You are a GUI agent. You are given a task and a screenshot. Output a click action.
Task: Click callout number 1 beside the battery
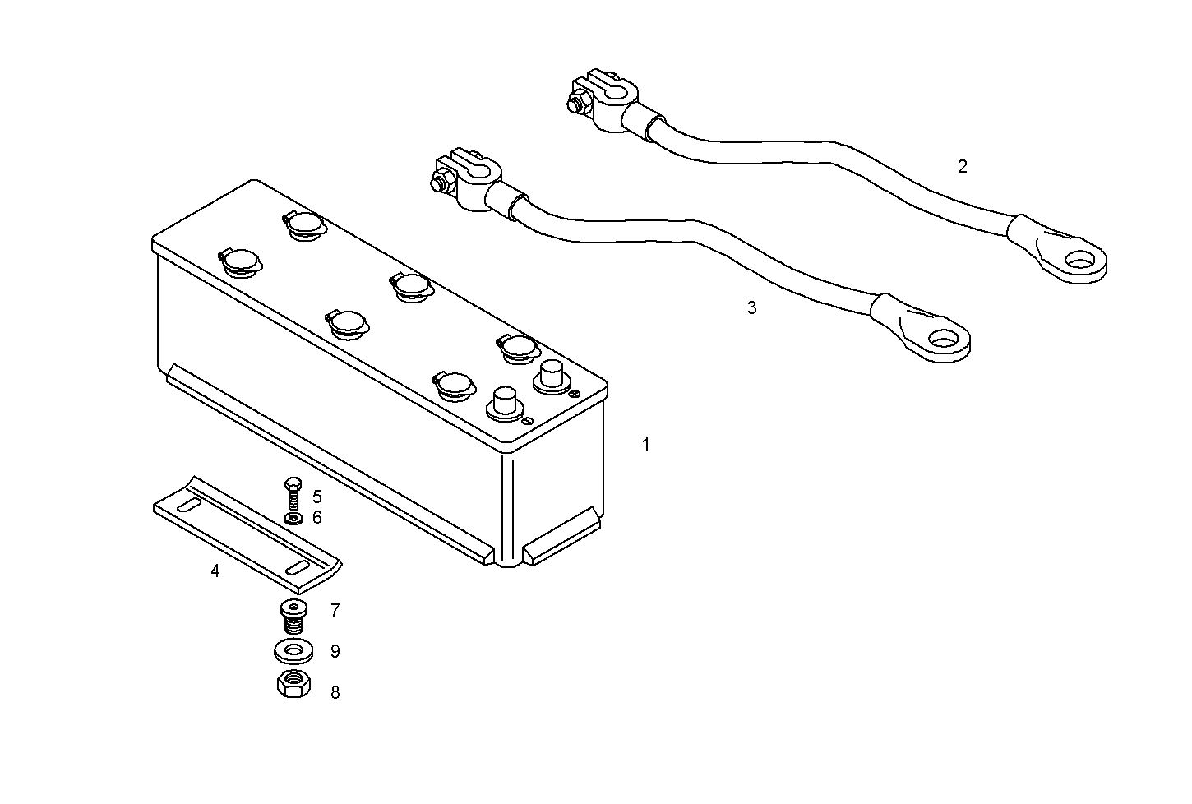coord(646,445)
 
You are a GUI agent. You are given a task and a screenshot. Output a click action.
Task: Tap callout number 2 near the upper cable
coord(963,166)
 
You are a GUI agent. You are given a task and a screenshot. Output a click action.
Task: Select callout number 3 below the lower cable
coord(751,308)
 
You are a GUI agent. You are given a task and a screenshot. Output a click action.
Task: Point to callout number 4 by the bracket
coord(215,571)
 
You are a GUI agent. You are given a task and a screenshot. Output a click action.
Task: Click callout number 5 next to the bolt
coord(317,497)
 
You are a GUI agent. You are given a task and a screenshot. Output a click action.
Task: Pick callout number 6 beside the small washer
coord(317,518)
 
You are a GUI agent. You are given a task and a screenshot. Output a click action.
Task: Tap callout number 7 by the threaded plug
coord(335,611)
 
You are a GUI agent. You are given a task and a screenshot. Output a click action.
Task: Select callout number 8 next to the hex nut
coord(335,693)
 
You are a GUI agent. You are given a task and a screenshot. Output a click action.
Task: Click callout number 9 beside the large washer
coord(335,652)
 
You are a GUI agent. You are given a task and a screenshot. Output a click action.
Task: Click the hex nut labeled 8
coord(293,685)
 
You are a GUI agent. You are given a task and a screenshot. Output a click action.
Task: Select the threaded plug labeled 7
coord(292,617)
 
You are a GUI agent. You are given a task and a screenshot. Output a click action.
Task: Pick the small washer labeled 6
coord(292,519)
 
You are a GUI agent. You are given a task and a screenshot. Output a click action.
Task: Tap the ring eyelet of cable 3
coord(939,337)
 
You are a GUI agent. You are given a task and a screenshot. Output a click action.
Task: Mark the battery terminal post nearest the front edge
coord(503,402)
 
